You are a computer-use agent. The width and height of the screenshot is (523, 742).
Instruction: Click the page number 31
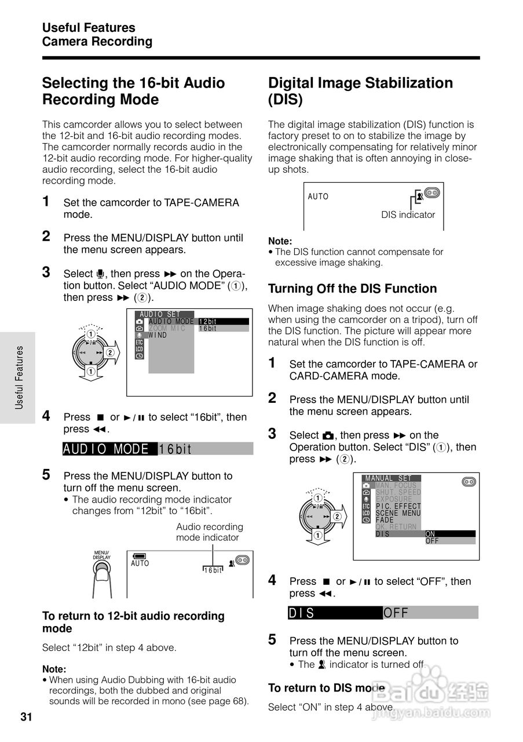(x=26, y=717)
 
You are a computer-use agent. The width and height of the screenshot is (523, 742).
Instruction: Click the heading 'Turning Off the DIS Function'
(x=352, y=289)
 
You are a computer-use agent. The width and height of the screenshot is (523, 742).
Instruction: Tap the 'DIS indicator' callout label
(x=408, y=214)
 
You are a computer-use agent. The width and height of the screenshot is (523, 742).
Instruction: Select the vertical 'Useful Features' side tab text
(x=20, y=378)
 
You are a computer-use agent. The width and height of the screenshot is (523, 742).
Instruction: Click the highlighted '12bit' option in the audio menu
(x=223, y=321)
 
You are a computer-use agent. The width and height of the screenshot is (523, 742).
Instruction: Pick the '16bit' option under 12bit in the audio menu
(x=223, y=328)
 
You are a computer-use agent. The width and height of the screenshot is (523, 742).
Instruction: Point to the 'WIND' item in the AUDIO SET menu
(x=158, y=335)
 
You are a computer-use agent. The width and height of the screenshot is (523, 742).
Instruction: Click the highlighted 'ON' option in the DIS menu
(x=449, y=533)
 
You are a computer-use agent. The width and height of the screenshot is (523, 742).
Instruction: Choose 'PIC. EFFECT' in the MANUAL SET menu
(x=398, y=506)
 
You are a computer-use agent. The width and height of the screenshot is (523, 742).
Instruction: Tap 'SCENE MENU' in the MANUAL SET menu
(x=398, y=513)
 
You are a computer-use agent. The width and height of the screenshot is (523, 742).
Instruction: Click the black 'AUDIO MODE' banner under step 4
(x=109, y=449)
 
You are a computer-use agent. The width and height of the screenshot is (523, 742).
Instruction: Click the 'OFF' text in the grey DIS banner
(x=396, y=613)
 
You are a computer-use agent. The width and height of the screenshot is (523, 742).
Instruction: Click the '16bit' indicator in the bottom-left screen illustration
(x=213, y=570)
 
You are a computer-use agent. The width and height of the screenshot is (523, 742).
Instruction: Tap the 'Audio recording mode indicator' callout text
(x=209, y=532)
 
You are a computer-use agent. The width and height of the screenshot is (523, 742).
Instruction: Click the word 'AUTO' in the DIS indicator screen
(x=318, y=197)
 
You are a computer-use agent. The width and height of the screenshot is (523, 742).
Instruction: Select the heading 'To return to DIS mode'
(x=327, y=688)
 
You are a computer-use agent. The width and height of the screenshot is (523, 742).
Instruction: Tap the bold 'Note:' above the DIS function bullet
(x=280, y=241)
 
